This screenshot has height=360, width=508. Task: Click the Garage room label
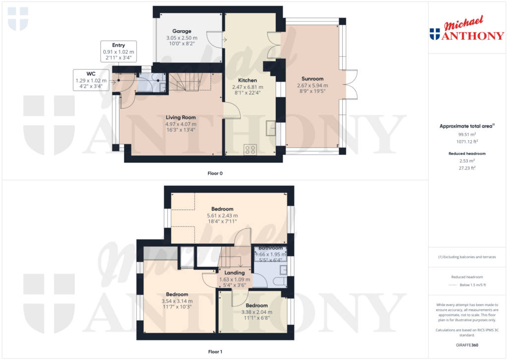click(x=182, y=31)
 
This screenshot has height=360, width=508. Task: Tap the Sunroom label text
click(x=313, y=79)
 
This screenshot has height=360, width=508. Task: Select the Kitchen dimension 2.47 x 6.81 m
click(x=248, y=87)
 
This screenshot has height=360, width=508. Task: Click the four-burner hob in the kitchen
click(x=250, y=149)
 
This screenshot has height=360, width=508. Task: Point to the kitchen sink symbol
click(x=270, y=128)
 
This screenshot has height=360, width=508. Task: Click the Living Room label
click(x=181, y=117)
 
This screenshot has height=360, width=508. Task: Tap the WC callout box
click(x=91, y=80)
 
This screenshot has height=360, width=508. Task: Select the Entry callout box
click(x=119, y=51)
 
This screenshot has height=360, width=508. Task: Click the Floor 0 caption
click(x=215, y=173)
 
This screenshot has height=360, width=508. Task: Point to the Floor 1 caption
click(x=215, y=352)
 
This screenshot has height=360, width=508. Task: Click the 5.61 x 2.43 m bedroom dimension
click(x=222, y=216)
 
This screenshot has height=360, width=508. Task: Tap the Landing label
click(x=235, y=273)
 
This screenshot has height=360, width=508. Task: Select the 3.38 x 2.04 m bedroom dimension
click(x=256, y=312)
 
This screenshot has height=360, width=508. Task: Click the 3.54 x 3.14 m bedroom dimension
click(x=177, y=301)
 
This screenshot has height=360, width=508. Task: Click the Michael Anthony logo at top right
click(x=467, y=28)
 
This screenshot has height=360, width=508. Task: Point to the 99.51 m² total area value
click(x=467, y=134)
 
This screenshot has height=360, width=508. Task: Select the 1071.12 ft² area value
click(x=467, y=142)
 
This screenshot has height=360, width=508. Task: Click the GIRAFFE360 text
click(x=467, y=345)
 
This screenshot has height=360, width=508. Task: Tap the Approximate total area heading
click(x=467, y=126)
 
